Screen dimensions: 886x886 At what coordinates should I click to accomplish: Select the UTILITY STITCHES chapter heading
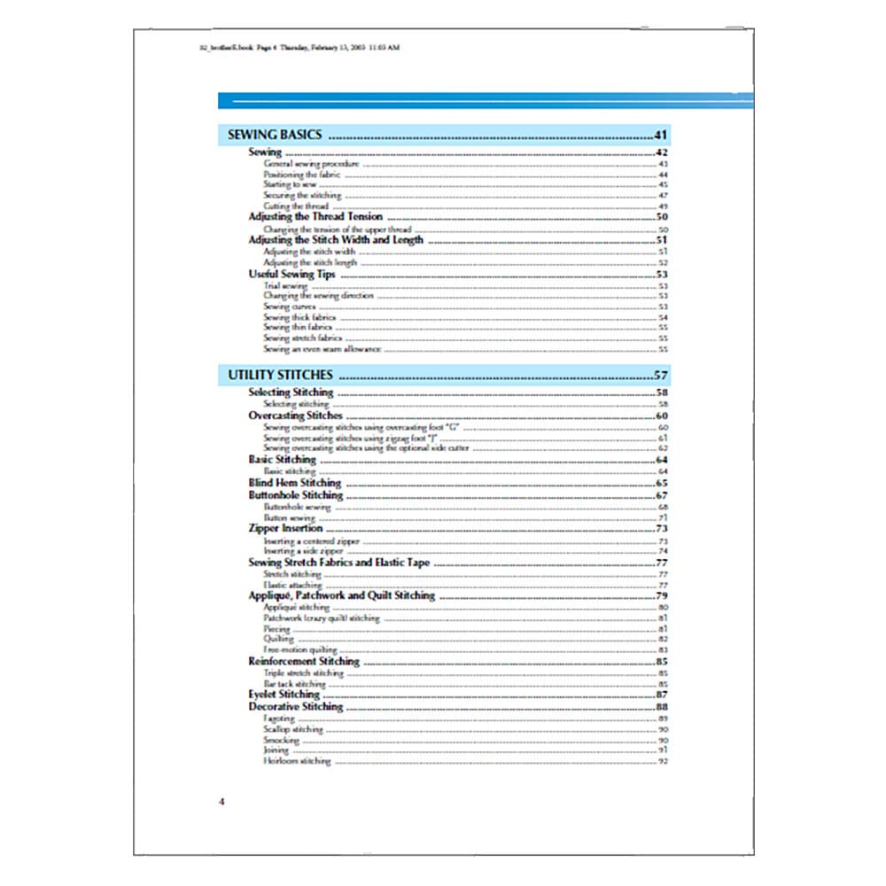(280, 375)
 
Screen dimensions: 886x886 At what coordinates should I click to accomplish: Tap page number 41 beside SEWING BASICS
(660, 136)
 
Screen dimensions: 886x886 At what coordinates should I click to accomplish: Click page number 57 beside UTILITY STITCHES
(660, 375)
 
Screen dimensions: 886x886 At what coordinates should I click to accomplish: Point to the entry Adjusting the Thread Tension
(315, 216)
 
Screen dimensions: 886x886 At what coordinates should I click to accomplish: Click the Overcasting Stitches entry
(295, 415)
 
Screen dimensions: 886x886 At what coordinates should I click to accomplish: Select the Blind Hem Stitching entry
(294, 483)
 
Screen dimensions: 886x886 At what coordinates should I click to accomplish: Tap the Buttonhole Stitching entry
(295, 495)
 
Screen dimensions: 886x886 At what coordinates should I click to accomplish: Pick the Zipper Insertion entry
(285, 528)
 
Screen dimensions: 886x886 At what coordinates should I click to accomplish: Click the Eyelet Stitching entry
(284, 695)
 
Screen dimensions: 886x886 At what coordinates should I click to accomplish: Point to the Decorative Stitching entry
(295, 707)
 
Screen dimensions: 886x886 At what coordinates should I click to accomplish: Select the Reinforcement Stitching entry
(304, 661)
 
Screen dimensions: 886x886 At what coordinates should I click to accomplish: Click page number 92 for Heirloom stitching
(662, 761)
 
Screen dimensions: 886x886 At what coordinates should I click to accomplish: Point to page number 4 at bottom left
(221, 802)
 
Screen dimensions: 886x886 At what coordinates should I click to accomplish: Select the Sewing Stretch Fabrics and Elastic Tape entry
(340, 562)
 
